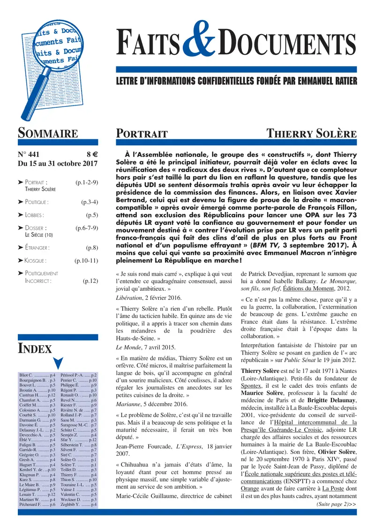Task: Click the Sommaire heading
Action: [x=48, y=133]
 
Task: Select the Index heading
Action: [x=35, y=348]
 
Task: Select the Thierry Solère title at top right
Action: [x=311, y=134]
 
